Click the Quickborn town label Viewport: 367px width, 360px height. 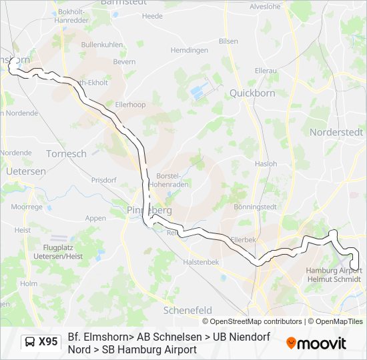[252, 93]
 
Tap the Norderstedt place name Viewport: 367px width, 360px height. [336, 132]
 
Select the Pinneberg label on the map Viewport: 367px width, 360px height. [149, 210]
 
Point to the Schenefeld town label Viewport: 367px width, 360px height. [188, 310]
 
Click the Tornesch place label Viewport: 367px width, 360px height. [66, 153]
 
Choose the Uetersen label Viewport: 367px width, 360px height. [25, 171]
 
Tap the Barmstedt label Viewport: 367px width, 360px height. [123, 3]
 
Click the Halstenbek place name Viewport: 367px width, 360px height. [201, 262]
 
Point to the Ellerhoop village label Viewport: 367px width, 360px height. [130, 105]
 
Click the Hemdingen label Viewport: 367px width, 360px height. [190, 50]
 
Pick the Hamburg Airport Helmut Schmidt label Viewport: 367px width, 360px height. [334, 275]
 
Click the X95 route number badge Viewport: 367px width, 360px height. [48, 342]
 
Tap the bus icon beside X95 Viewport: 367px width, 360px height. [30, 342]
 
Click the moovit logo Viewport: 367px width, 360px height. [316, 343]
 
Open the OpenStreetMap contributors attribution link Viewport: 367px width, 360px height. [256, 321]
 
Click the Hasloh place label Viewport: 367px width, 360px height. [266, 163]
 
